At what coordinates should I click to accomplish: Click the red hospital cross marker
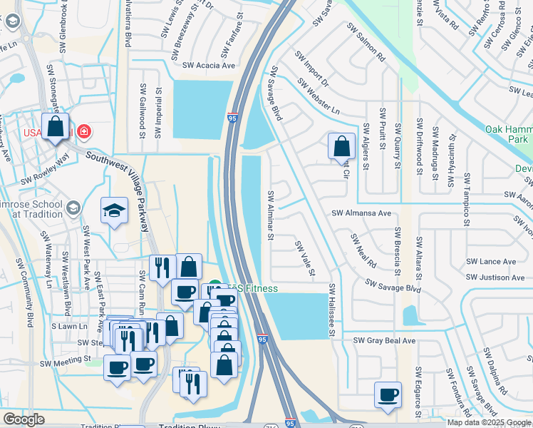(83, 131)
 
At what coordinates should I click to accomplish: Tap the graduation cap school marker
(114, 210)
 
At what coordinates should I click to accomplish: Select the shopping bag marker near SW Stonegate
(56, 128)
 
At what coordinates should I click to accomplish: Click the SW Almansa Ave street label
(361, 213)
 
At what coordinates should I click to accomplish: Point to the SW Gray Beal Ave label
(384, 341)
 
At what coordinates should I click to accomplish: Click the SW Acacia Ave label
(209, 66)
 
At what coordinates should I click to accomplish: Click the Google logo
(24, 419)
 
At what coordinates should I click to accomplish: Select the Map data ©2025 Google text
(489, 422)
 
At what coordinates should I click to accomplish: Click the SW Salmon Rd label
(366, 42)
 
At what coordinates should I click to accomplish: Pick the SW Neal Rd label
(363, 250)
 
